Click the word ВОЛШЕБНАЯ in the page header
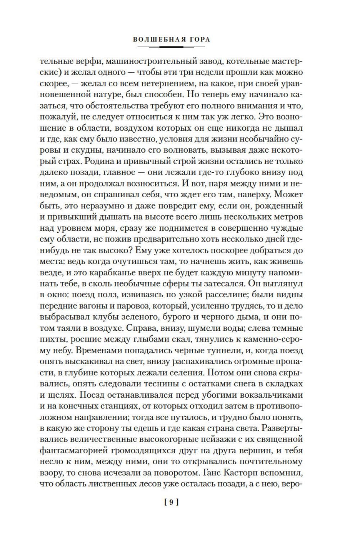[154, 40]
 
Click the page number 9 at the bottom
[171, 502]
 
